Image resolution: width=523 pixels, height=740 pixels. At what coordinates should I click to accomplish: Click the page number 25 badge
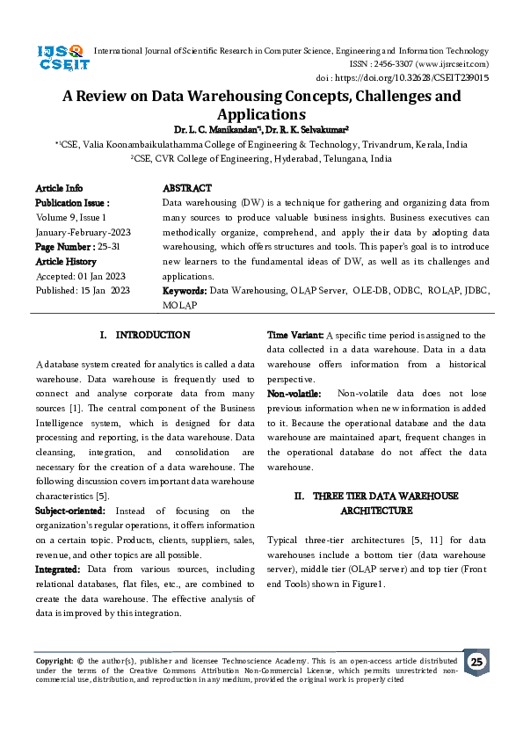click(476, 662)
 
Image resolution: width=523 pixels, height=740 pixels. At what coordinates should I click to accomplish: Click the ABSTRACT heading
click(187, 188)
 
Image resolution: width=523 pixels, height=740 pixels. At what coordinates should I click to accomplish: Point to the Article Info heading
click(59, 188)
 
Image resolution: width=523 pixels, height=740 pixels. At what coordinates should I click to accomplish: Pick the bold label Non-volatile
click(294, 394)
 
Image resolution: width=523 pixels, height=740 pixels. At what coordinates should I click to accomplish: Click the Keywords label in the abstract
click(185, 290)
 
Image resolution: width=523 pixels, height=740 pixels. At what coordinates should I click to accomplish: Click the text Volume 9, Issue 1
click(71, 217)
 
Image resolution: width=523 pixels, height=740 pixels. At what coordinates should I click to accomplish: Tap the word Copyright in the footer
click(54, 660)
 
